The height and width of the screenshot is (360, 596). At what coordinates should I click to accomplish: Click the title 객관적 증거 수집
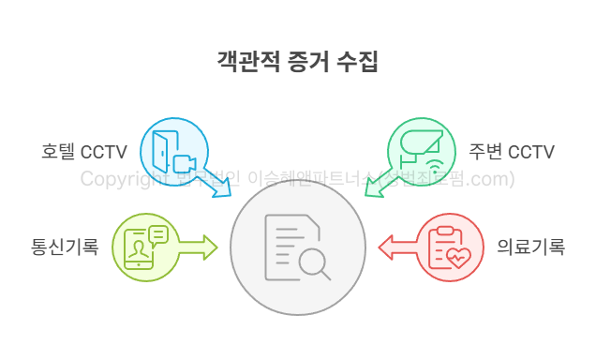(x=298, y=63)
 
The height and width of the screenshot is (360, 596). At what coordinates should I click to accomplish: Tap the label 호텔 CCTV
(x=84, y=152)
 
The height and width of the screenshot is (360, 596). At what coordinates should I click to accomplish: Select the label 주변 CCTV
(x=512, y=152)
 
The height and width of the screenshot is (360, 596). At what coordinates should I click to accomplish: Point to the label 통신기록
(x=65, y=248)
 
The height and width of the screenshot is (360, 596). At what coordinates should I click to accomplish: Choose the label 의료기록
(x=530, y=248)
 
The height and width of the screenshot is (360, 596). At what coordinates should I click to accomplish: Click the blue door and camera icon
(x=174, y=152)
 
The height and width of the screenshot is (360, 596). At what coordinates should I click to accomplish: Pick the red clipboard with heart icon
(x=448, y=247)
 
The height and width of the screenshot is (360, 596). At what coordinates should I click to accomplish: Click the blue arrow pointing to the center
(x=217, y=184)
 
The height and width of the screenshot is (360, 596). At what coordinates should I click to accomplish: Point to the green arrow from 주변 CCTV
(x=378, y=184)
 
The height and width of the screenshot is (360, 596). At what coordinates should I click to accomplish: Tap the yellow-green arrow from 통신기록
(x=198, y=247)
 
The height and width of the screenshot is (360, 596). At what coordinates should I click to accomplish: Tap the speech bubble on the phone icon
(x=157, y=234)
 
